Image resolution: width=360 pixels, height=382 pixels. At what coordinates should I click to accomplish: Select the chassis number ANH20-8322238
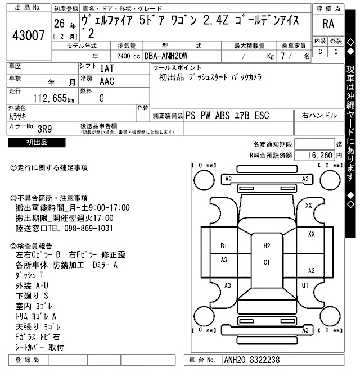(x=251, y=360)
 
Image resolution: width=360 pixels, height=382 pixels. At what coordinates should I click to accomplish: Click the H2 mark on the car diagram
(x=267, y=246)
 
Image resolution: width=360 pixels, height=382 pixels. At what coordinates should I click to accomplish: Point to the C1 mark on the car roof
(x=267, y=262)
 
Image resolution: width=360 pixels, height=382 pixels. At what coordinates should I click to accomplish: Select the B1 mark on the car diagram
(x=223, y=246)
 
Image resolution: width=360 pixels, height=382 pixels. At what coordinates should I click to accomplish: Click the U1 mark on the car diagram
(x=305, y=285)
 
